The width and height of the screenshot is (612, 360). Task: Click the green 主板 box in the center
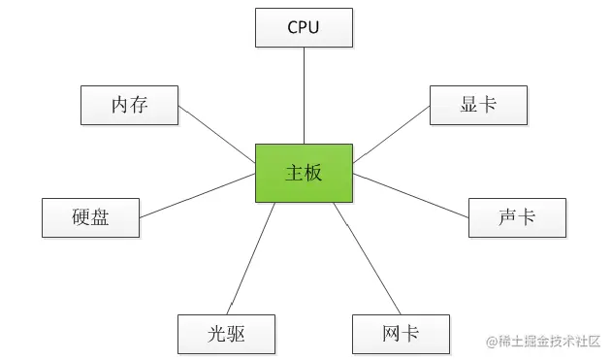point(304,174)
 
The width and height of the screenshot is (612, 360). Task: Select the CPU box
point(304,27)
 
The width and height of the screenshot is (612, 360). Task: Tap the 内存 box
point(129,105)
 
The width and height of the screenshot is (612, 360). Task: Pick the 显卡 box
point(478,105)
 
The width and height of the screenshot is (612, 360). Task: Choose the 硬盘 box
point(90,217)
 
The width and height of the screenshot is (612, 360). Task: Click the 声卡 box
point(517,217)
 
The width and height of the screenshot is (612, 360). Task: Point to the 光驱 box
point(226,334)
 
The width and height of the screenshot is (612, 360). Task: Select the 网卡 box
point(401,334)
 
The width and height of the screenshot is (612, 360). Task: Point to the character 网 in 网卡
point(391,334)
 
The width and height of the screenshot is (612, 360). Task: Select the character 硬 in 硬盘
point(81,217)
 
